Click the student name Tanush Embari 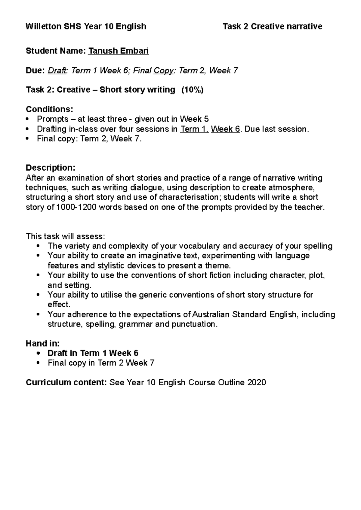click(118, 51)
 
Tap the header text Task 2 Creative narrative click(272, 26)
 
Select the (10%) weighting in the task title click(192, 90)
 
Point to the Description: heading click(51, 167)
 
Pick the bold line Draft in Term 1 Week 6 click(93, 353)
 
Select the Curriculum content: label click(66, 382)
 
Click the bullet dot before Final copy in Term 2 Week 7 click(38, 363)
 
